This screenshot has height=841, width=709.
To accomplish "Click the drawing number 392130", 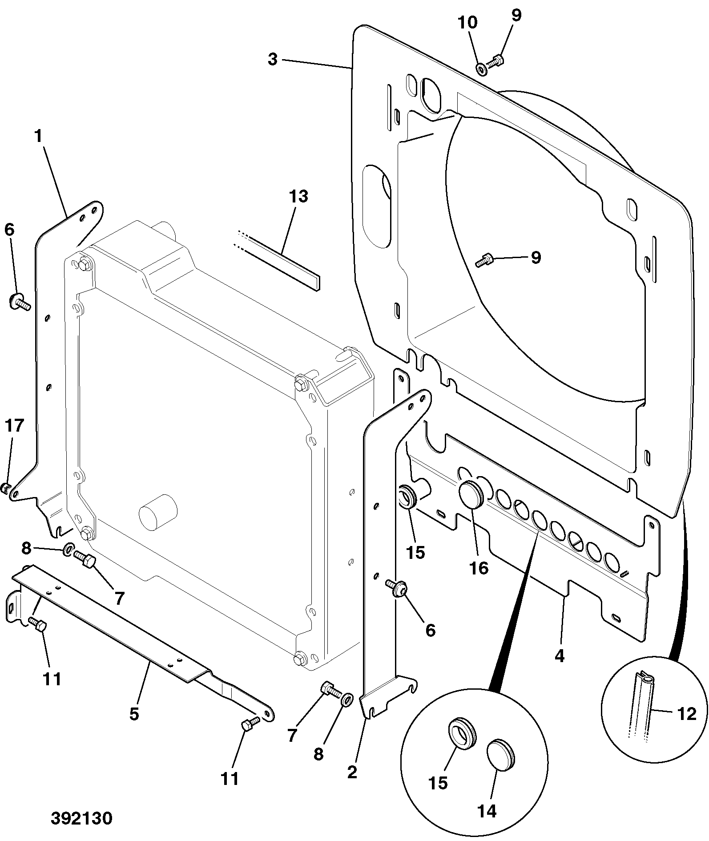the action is pyautogui.click(x=81, y=818).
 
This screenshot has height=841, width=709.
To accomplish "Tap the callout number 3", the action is pyautogui.click(x=273, y=59).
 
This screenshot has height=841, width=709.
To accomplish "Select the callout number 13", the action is pyautogui.click(x=298, y=196).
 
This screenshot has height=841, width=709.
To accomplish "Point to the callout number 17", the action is pyautogui.click(x=14, y=426).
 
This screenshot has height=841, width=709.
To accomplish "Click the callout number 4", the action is pyautogui.click(x=559, y=656).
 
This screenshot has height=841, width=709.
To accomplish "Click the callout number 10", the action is pyautogui.click(x=467, y=22).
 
